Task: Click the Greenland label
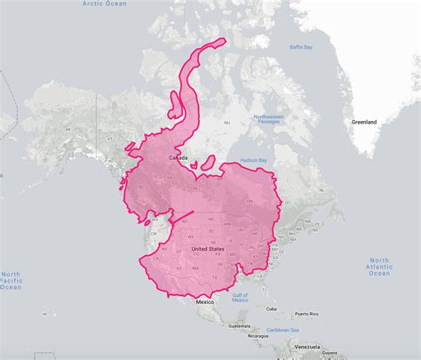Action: [363, 120]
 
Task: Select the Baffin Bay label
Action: [301, 48]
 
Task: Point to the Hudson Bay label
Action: [253, 160]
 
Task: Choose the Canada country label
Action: [177, 158]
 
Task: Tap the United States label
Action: [207, 249]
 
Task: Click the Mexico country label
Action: [206, 302]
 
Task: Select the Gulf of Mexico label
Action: [239, 297]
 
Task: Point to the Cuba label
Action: [271, 309]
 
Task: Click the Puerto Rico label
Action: [307, 314]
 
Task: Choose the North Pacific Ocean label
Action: [11, 280]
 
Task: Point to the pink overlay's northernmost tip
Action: [222, 38]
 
